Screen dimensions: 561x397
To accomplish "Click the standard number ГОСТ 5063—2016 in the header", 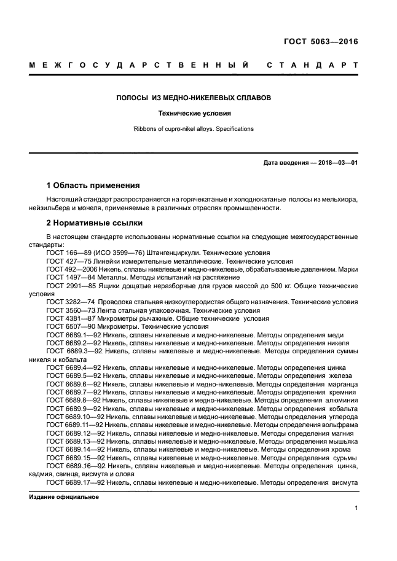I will point(320,42).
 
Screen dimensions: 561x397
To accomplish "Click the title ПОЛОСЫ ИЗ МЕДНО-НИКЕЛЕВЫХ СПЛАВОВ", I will point(194,98).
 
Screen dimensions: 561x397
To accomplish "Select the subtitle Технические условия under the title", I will point(194,113).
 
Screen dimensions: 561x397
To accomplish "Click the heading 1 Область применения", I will point(93,185).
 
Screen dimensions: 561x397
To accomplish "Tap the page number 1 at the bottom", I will point(356,508).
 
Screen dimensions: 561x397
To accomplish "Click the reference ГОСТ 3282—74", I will point(69,302).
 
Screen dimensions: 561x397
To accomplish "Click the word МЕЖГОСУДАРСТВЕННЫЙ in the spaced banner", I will point(140,66).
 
